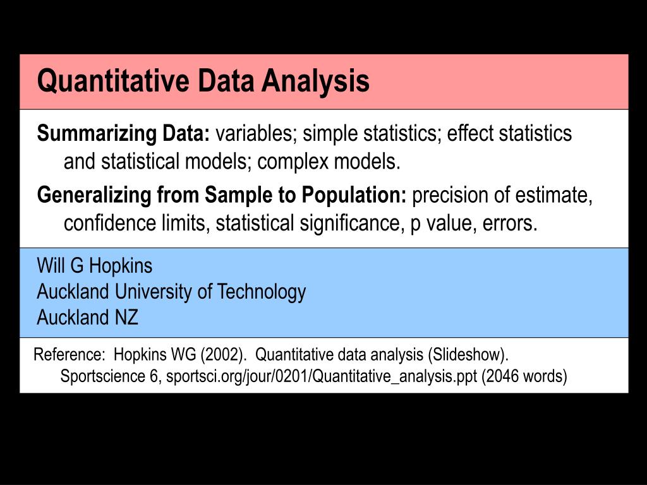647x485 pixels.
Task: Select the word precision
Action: point(449,196)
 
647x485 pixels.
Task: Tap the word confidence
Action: point(104,224)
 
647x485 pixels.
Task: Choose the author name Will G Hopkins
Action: point(95,266)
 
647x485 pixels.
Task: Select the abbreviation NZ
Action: point(126,318)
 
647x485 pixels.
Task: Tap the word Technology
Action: point(262,292)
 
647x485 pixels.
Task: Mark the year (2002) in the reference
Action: point(222,354)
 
